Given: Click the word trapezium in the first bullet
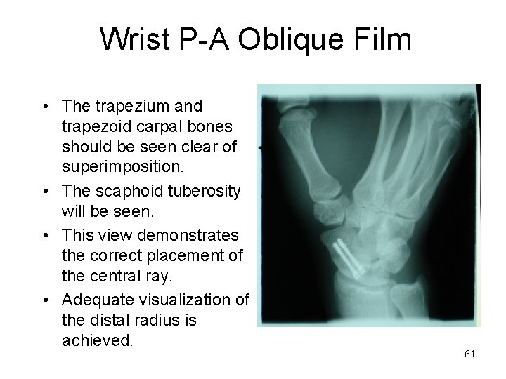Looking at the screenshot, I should tap(124, 107).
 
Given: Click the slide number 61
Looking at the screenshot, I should tap(470, 354).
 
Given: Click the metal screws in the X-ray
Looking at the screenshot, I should tap(349, 258).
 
